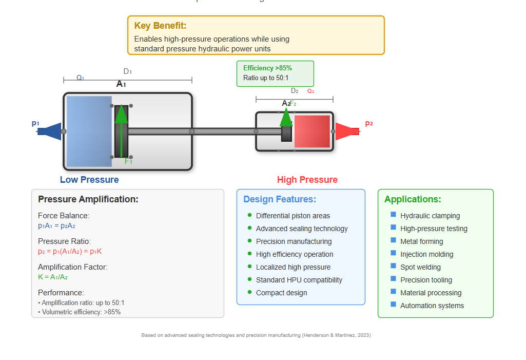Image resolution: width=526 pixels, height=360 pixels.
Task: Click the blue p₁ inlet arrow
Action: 50,131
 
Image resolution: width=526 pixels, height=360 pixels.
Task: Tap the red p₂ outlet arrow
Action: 346,131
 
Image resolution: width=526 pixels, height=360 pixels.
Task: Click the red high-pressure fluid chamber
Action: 312,131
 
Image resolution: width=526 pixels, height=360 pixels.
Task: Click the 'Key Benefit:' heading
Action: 160,26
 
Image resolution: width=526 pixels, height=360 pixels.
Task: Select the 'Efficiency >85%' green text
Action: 267,68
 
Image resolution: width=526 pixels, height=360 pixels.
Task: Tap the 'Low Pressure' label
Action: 89,180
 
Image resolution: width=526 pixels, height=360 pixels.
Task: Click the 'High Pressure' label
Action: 307,180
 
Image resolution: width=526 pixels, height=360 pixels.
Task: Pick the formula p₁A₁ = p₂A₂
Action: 56,225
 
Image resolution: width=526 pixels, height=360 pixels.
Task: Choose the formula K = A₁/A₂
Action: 53,277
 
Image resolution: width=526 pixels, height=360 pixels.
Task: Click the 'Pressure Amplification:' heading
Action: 88,199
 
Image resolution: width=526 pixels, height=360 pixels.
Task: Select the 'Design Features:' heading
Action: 280,199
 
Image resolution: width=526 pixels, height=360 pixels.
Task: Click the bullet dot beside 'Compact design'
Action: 250,292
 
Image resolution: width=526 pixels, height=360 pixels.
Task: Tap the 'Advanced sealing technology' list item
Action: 302,229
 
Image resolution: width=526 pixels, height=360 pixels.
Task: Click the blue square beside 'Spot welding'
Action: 394,266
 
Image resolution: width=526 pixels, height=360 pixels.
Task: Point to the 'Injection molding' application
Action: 426,254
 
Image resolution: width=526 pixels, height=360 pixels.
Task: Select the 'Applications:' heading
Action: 413,199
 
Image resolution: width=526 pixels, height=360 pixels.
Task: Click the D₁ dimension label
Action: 127,72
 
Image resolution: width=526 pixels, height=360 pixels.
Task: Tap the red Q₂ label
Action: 310,91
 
